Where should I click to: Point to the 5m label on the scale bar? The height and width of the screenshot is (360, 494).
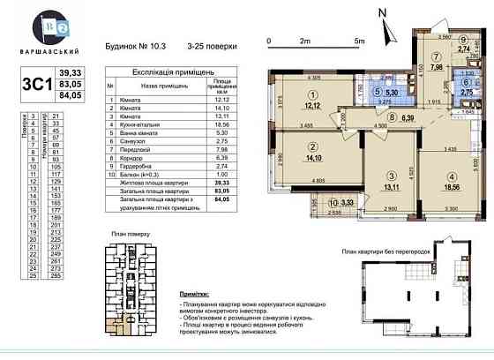click(359, 41)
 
